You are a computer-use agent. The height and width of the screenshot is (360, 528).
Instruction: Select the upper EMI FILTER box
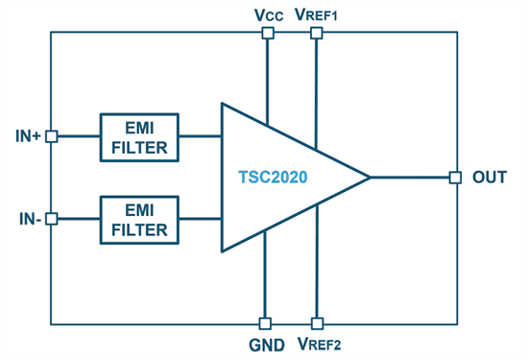[138, 136]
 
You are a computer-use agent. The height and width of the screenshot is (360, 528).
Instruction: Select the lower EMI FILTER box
[138, 218]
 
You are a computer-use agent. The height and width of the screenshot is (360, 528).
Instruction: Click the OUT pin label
[490, 178]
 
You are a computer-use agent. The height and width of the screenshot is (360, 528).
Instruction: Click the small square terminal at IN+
[52, 136]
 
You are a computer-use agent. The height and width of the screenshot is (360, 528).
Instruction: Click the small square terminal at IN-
[52, 219]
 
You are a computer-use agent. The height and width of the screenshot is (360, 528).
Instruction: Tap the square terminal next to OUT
[455, 177]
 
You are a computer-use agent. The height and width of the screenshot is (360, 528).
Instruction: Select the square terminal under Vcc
[268, 33]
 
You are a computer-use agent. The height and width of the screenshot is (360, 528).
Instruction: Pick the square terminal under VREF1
[316, 33]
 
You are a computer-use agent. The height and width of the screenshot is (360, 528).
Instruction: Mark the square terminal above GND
[268, 324]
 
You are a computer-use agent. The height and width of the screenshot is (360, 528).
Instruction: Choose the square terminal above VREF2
[316, 324]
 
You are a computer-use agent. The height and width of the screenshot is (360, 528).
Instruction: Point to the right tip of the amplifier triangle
[369, 177]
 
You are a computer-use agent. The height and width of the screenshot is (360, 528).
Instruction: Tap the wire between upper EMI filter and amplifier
[199, 136]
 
